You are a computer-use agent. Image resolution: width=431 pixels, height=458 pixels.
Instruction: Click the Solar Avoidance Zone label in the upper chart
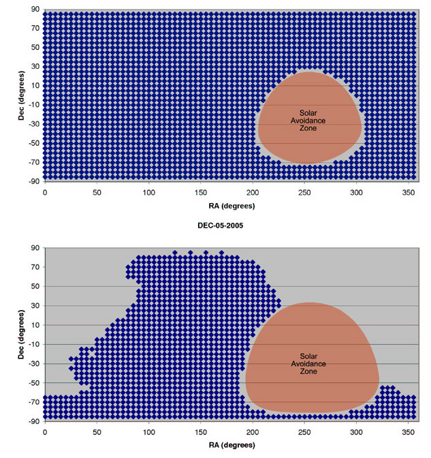[x=313, y=120]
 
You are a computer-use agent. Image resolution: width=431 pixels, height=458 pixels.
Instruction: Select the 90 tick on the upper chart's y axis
[x=33, y=11]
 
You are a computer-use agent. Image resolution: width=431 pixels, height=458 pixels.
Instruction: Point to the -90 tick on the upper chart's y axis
[x=31, y=181]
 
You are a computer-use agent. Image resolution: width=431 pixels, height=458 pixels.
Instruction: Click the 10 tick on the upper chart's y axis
[x=33, y=87]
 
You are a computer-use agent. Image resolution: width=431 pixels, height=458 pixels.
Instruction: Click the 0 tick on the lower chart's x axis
[x=45, y=431]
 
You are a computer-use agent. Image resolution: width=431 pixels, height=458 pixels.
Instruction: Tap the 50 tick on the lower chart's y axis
[x=33, y=287]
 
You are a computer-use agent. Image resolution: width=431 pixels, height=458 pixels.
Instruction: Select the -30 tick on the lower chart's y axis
[x=31, y=363]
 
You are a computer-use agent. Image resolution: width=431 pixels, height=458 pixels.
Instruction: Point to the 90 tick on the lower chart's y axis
[x=33, y=249]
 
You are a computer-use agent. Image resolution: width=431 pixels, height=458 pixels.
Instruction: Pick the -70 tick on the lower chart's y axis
[x=31, y=402]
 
